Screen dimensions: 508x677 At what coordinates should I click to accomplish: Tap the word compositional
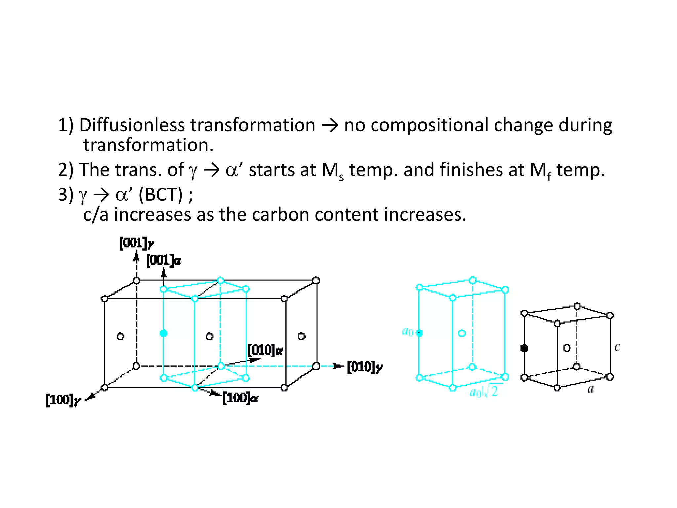click(x=429, y=125)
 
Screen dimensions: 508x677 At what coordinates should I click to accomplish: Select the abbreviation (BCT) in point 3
click(x=160, y=194)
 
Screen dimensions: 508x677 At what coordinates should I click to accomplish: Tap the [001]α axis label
click(x=164, y=260)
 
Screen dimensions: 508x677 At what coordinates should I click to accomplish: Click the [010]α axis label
click(x=265, y=350)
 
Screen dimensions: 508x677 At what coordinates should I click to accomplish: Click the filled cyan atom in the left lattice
click(x=163, y=333)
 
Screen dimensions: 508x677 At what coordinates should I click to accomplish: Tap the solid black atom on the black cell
click(x=524, y=348)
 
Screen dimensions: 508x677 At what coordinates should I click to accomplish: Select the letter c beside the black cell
click(x=617, y=347)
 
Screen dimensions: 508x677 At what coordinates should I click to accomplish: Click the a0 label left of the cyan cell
click(x=407, y=331)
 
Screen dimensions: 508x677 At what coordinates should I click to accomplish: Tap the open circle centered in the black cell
click(x=567, y=348)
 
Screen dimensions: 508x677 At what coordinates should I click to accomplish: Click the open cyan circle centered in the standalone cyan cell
click(x=462, y=333)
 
